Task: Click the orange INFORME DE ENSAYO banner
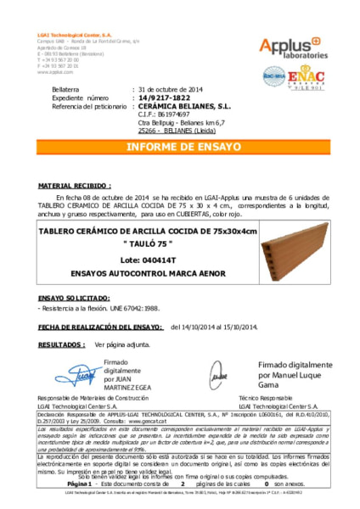pyautogui.click(x=180, y=147)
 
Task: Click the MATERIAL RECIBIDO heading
pyautogui.click(x=75, y=184)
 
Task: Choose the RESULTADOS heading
pyautogui.click(x=61, y=345)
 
